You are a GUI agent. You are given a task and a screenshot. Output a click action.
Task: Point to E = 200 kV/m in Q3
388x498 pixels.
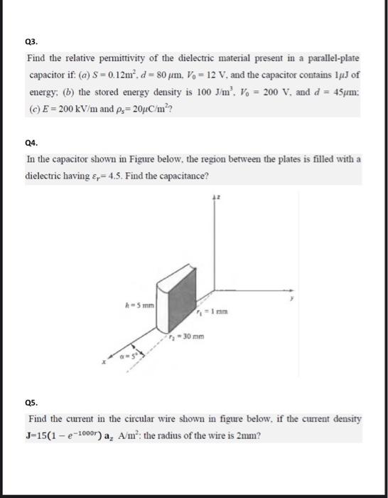(x=67, y=106)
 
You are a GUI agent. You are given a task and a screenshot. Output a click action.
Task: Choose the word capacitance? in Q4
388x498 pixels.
(x=187, y=175)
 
